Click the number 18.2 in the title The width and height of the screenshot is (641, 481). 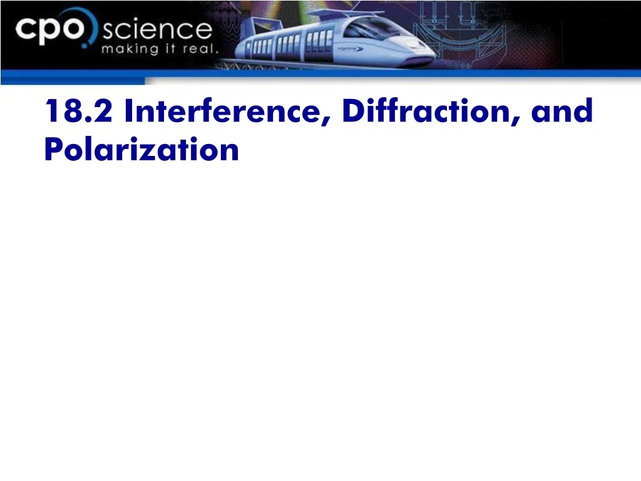78,110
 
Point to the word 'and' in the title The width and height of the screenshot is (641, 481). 562,110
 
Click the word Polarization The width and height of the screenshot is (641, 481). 141,149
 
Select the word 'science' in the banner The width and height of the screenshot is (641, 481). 157,30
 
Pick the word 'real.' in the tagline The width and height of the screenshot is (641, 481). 200,49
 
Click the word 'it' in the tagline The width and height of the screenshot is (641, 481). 170,49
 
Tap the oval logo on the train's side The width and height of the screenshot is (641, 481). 350,49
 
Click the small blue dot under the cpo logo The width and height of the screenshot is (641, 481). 85,45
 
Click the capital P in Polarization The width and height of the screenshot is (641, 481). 54,149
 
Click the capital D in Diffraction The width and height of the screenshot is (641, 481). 354,110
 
